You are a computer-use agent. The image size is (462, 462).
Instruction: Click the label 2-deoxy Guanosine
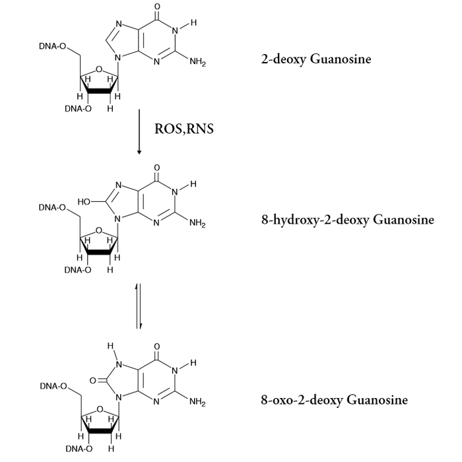tap(316, 60)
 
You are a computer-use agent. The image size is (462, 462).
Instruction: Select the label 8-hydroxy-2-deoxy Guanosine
tap(348, 220)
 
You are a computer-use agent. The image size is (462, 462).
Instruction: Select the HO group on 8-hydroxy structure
tap(85, 199)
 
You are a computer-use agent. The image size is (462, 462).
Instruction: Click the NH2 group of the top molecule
tap(197, 63)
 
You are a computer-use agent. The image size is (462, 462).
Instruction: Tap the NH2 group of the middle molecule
tap(197, 223)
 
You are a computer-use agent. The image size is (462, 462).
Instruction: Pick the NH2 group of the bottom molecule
tap(197, 402)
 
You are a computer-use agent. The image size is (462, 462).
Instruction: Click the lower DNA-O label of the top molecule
tap(78, 109)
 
